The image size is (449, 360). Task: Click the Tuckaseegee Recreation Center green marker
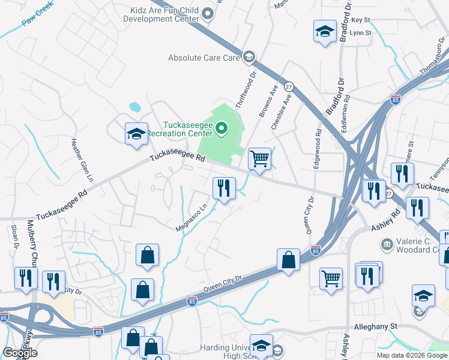[x=221, y=127]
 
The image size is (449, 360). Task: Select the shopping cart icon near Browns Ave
[x=259, y=159]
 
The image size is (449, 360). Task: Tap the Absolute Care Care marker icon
[x=249, y=58]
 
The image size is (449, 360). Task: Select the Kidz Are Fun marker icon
[x=208, y=13]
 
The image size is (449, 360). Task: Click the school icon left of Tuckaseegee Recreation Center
[x=136, y=134]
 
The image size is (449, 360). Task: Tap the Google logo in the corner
[x=20, y=353]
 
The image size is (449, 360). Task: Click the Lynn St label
[x=361, y=33]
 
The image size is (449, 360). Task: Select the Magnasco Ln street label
[x=191, y=217]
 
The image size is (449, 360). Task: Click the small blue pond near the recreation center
[x=135, y=107]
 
